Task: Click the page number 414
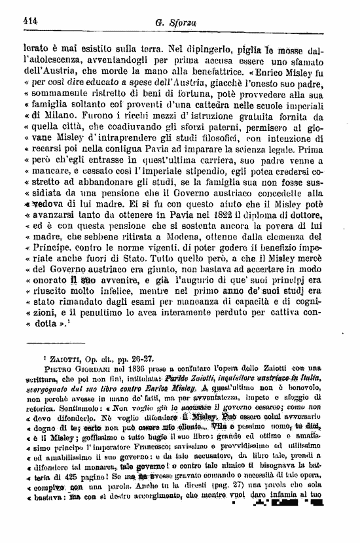29,20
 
